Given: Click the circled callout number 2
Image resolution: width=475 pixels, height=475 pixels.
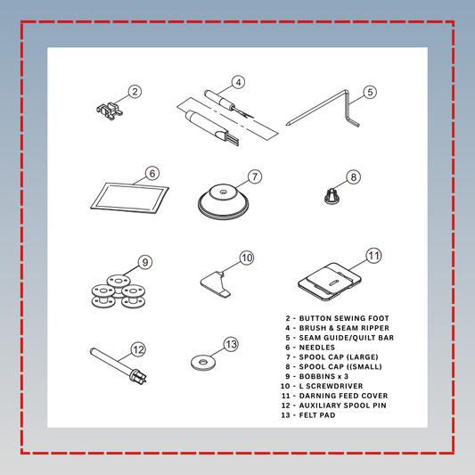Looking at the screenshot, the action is coord(135,92).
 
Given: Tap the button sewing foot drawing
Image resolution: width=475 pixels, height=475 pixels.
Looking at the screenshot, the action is coord(110,111).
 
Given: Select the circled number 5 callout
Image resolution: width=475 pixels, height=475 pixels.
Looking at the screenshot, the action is coord(370,92).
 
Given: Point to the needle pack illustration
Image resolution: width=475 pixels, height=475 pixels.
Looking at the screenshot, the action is coord(129,198).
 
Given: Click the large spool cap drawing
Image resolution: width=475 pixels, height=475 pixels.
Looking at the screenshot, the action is coord(224,202).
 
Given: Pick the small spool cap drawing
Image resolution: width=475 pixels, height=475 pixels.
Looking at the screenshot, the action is coord(332,196).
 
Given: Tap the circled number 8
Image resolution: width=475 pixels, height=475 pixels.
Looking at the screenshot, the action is coord(354,177).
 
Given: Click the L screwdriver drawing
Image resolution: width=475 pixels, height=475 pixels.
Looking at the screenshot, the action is coord(216,285).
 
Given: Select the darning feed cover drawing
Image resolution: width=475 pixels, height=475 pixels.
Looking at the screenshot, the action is coord(330,282).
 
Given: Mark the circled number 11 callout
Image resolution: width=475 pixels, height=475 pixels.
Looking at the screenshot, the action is coord(373,256).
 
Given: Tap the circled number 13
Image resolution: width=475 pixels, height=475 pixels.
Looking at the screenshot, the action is coord(231,344).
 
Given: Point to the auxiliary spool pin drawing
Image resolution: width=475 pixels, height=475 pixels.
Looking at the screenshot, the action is coord(118,365).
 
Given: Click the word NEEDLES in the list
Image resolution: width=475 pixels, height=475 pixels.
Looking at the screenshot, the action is coord(317,348).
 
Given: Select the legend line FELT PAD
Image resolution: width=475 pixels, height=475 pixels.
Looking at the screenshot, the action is coord(308,415).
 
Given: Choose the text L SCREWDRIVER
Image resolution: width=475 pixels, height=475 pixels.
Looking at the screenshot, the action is coord(331,386).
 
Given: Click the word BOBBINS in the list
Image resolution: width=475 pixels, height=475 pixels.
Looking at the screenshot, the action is coord(317,376).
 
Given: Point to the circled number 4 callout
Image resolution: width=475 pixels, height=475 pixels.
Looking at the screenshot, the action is coord(239,82).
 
